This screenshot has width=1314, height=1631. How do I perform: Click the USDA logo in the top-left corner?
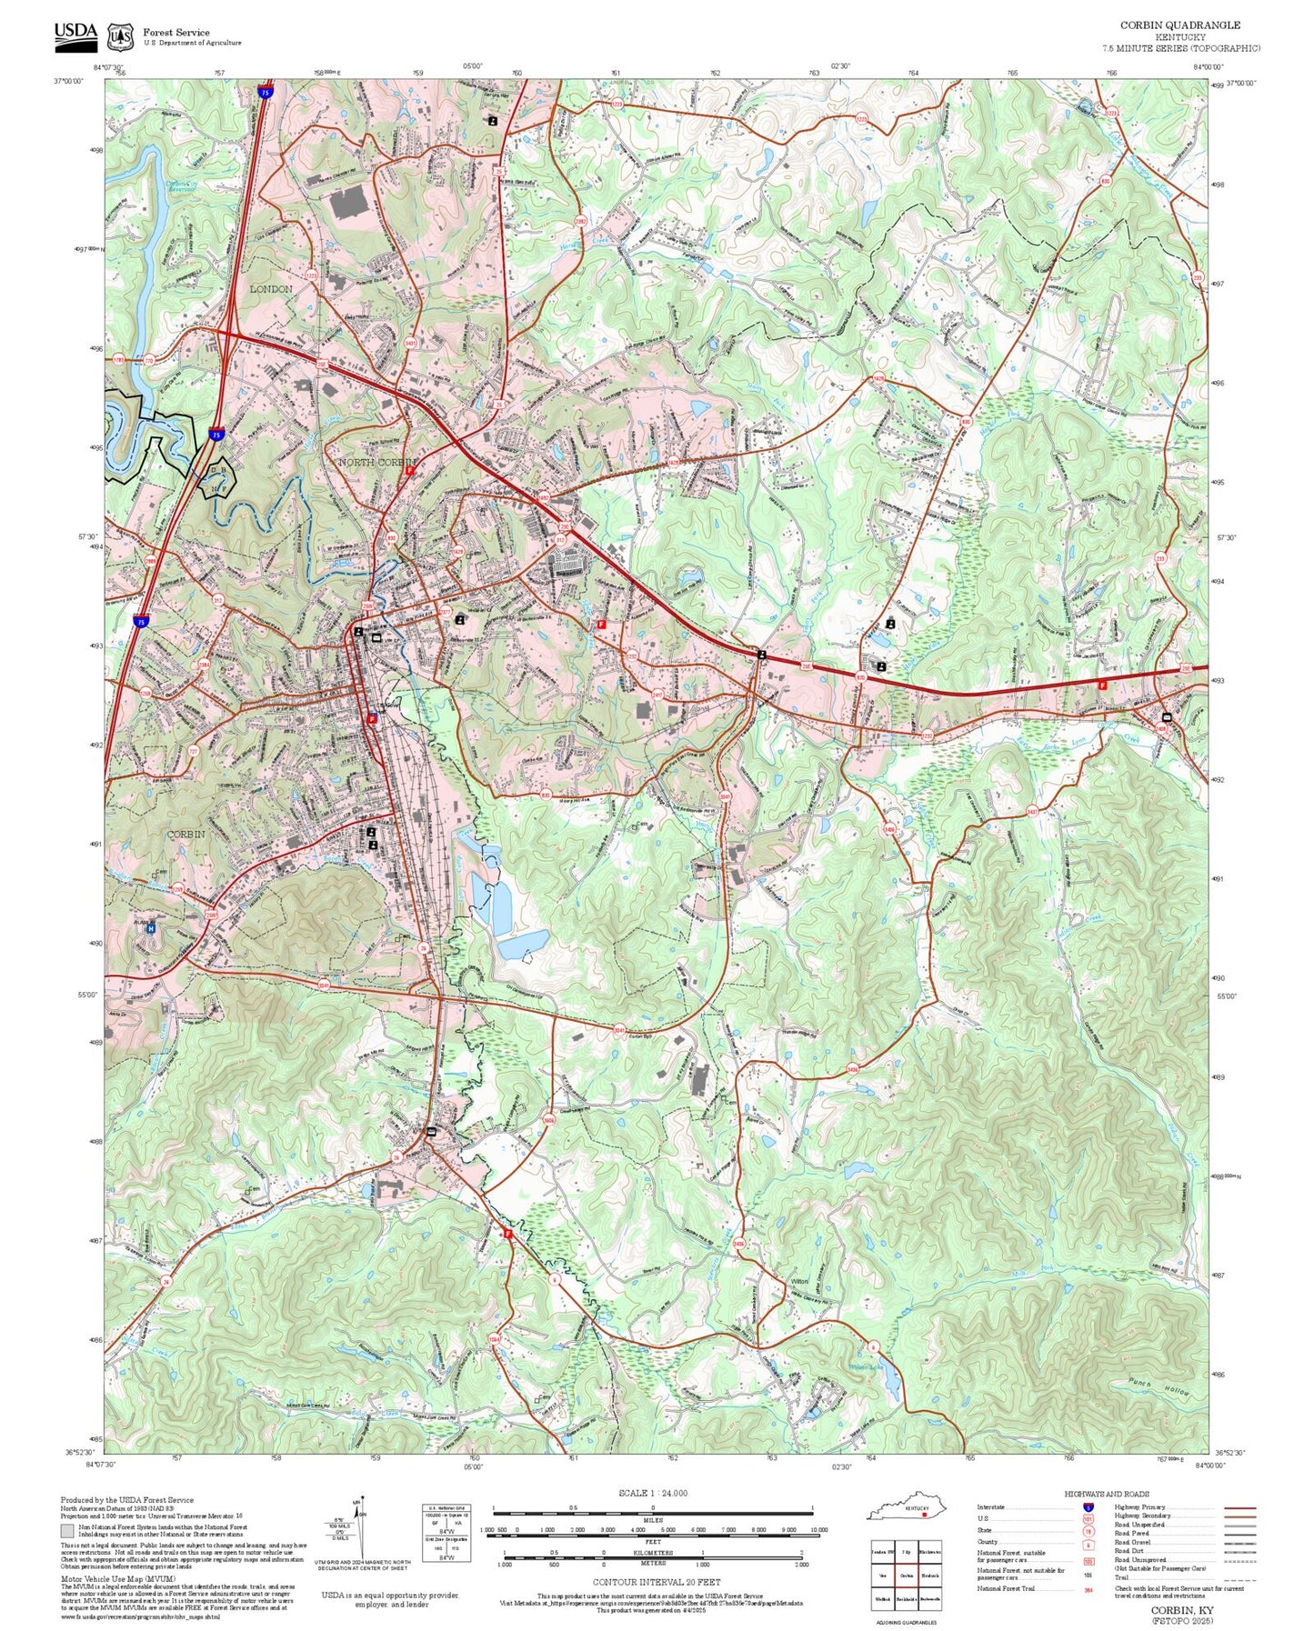[75, 33]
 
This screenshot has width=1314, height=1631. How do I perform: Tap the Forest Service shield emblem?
[120, 36]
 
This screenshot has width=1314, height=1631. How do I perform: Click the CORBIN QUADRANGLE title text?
[1179, 25]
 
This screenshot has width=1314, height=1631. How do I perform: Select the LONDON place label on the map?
[271, 288]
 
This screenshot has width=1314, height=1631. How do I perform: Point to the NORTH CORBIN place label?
[376, 463]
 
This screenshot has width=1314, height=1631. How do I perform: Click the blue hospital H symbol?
[152, 928]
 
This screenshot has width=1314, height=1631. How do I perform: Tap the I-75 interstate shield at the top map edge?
[264, 93]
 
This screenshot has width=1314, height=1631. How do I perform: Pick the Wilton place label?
[799, 1281]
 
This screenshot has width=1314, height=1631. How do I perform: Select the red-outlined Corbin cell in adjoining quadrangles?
[906, 1576]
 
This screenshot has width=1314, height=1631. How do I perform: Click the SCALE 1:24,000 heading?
[653, 1493]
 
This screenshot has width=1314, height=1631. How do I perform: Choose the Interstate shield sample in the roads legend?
[1088, 1507]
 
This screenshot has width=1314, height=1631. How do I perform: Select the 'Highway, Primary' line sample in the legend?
[1239, 1507]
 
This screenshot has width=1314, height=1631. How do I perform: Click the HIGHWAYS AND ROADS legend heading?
[1107, 1494]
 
